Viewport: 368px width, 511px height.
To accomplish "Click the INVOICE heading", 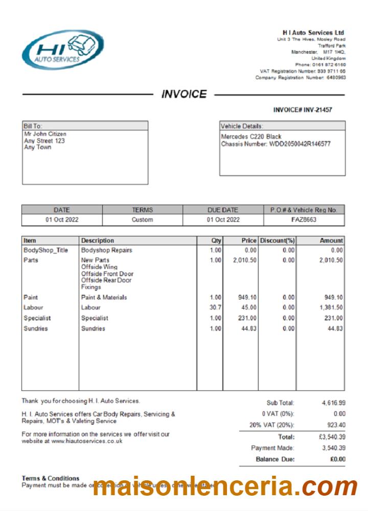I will [x=184, y=95].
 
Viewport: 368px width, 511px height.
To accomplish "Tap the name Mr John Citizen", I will [x=45, y=134].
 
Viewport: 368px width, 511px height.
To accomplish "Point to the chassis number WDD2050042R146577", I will [x=300, y=144].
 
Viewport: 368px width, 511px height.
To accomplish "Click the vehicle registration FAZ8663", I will [x=304, y=220].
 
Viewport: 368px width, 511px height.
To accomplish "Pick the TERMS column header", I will [x=143, y=210].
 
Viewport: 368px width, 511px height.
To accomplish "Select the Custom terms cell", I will [x=143, y=220].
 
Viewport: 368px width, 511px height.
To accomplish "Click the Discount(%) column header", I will [x=278, y=240].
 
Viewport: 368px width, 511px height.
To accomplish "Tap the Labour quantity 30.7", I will [x=216, y=308].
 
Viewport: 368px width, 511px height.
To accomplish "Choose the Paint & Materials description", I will [x=104, y=297].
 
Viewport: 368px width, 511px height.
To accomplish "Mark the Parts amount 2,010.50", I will [x=331, y=260].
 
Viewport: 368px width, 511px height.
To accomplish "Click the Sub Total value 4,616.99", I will [x=334, y=403].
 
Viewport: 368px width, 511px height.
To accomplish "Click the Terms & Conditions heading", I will [x=51, y=478].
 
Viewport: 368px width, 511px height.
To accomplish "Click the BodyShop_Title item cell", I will [x=45, y=250].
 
